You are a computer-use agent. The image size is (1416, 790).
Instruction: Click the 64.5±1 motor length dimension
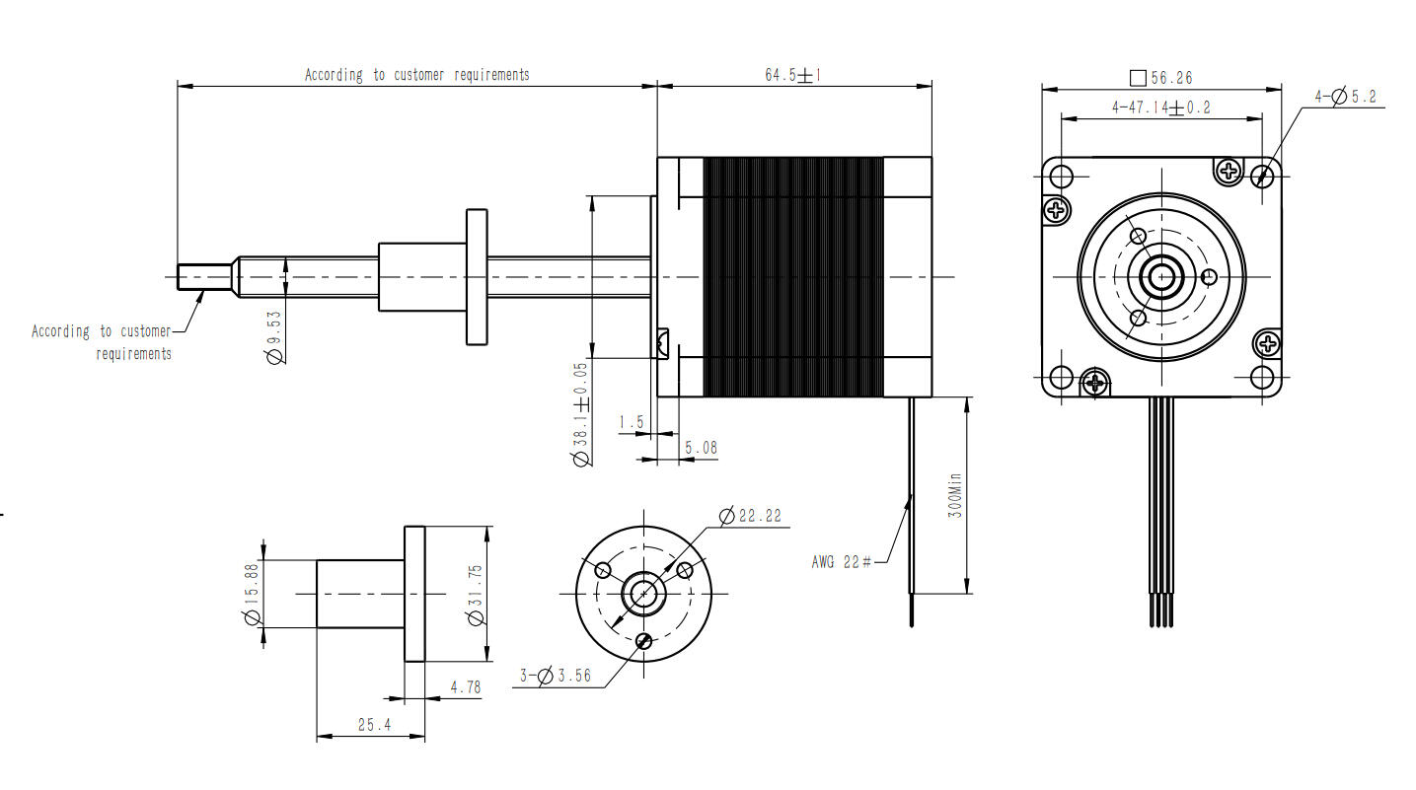[793, 76]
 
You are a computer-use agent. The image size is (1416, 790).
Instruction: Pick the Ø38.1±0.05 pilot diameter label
[581, 414]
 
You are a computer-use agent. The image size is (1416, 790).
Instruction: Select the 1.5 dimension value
[631, 422]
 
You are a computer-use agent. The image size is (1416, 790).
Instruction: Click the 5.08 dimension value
[701, 448]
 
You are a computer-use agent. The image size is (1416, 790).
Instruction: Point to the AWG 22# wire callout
[841, 562]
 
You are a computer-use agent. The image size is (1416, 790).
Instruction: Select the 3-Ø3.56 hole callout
[556, 676]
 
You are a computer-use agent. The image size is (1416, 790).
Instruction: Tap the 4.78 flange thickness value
[465, 686]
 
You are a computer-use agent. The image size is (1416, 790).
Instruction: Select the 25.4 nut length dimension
[374, 724]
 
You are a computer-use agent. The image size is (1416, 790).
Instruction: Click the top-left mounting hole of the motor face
[1062, 178]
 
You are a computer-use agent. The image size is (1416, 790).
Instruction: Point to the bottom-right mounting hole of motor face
[1262, 378]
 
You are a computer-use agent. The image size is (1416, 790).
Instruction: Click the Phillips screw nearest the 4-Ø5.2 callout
[1229, 171]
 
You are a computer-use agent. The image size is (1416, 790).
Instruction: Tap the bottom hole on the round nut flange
[643, 641]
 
